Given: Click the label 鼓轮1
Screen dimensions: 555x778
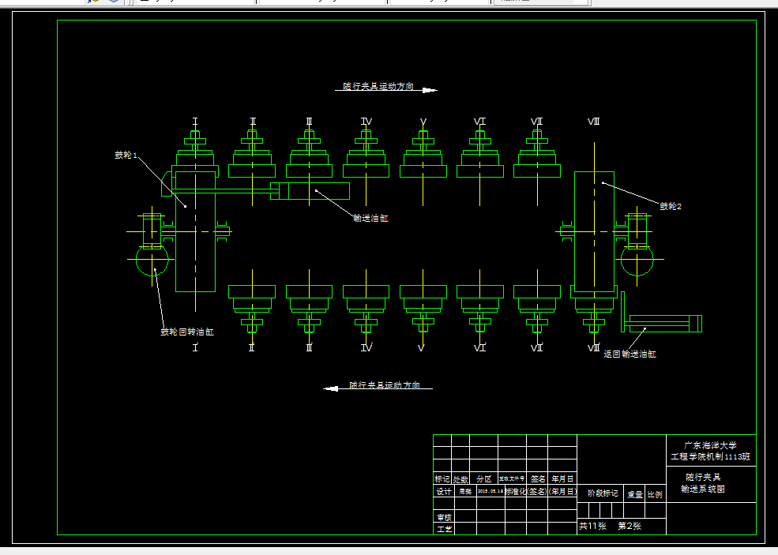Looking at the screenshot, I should [x=126, y=156].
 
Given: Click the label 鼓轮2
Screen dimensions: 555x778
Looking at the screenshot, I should [x=671, y=206].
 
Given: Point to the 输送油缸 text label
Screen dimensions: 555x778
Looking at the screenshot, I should [x=370, y=219].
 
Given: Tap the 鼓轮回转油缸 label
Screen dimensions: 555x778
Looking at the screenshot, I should [x=187, y=332].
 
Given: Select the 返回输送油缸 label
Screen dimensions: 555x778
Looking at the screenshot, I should [x=630, y=354].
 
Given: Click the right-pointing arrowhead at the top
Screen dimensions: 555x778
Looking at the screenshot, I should [x=429, y=90].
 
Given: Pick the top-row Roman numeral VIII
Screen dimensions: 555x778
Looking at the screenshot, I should [x=594, y=122].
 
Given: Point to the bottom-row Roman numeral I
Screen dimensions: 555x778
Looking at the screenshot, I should [x=195, y=347].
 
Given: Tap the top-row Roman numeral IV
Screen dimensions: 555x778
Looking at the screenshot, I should [x=366, y=122].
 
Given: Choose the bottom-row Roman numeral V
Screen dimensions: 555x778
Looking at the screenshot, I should [x=423, y=347].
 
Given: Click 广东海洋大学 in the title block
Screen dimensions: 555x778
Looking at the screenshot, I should [x=710, y=445].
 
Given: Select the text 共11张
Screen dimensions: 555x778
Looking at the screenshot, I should [x=592, y=526].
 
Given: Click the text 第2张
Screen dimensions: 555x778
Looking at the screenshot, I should [x=630, y=526].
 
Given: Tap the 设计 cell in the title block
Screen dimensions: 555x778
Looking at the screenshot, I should [x=444, y=491].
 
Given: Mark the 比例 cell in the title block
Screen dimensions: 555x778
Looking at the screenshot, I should [x=655, y=495].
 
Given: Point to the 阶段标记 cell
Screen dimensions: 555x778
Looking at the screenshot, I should [x=603, y=493].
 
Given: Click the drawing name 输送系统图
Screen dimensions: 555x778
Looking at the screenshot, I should [x=703, y=489].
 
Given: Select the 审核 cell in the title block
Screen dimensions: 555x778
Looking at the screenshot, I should [x=444, y=517].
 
